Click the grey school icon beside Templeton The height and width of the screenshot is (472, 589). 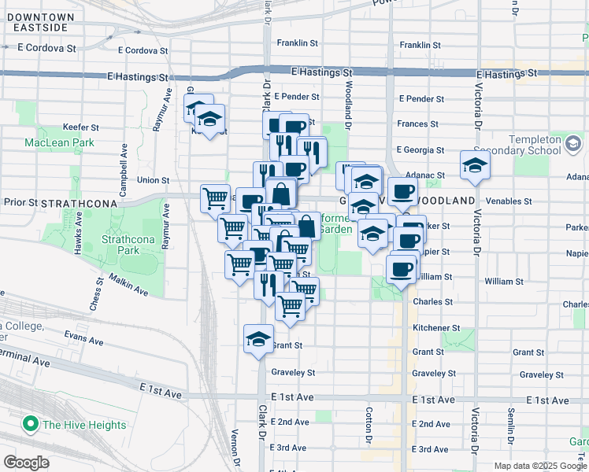[572, 144]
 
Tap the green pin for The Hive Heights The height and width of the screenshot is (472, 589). [31, 424]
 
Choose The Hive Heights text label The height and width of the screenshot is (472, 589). [84, 425]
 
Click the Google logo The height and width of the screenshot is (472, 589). [26, 463]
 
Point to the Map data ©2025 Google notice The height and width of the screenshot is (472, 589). [539, 466]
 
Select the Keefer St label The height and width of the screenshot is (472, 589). [81, 127]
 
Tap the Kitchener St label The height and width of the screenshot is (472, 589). [436, 327]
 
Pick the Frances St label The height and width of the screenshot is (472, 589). [418, 124]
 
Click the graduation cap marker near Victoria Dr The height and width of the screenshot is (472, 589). [475, 165]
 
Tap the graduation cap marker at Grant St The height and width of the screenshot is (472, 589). [257, 338]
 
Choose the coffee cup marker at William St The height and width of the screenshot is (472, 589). [401, 269]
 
